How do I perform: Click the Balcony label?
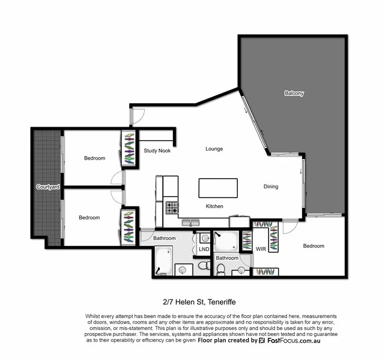(x=294, y=94)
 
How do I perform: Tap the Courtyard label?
(x=47, y=187)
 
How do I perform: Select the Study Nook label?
(x=157, y=151)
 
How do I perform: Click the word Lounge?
(x=214, y=149)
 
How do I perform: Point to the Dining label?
(x=271, y=187)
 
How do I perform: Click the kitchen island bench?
(x=218, y=188)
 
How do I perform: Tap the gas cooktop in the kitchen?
(x=172, y=208)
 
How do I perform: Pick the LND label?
(x=204, y=248)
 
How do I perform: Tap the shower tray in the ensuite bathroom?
(x=226, y=241)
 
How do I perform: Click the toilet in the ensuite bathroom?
(x=220, y=270)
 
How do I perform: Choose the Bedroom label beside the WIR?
(x=313, y=246)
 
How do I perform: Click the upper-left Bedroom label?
(x=94, y=158)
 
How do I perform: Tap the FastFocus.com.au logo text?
(x=300, y=340)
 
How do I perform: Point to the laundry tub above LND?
(x=204, y=238)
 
